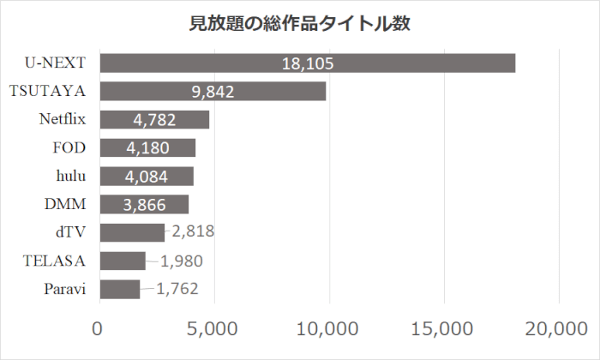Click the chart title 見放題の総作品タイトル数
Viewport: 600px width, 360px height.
[299, 23]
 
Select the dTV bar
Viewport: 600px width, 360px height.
[131, 232]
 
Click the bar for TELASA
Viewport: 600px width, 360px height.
[123, 261]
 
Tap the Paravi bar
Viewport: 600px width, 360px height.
[120, 289]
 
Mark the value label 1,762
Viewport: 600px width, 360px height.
[177, 289]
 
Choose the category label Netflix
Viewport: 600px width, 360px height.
[64, 119]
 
